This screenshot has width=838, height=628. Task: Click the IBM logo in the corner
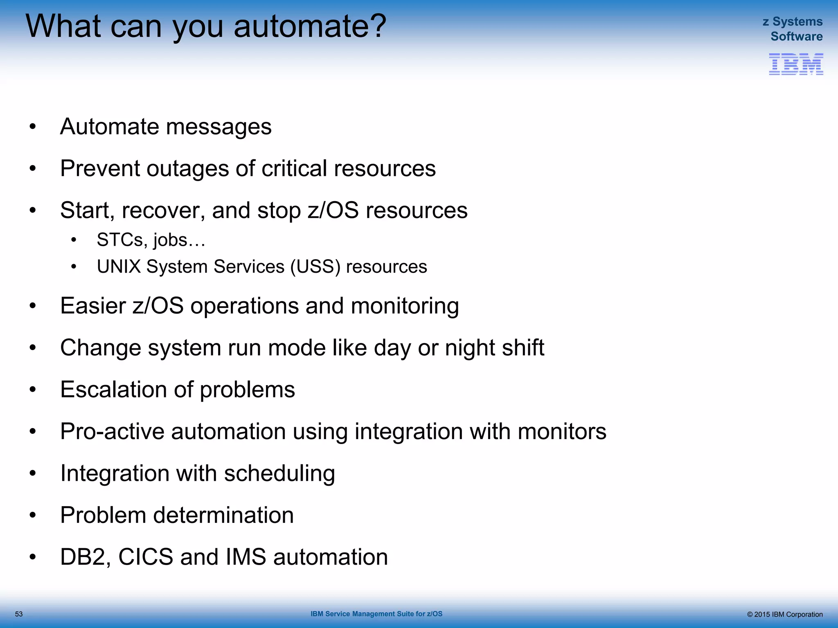point(796,64)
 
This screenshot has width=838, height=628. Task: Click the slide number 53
point(19,614)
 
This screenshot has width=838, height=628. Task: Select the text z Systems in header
point(793,21)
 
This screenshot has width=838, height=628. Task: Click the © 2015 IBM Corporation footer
point(784,615)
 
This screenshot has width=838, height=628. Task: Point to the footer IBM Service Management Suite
point(376,614)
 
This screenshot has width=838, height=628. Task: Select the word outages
point(188,168)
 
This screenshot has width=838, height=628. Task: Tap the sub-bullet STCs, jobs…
point(151,240)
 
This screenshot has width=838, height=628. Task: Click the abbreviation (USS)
point(315,267)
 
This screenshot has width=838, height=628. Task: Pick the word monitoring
point(405,306)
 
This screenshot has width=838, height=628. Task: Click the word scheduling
point(279,473)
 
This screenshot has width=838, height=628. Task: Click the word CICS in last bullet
point(145,557)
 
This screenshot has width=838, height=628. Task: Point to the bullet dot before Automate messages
point(33,127)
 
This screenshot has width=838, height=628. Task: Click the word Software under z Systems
point(796,36)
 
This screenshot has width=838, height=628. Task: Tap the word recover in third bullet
point(163,211)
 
